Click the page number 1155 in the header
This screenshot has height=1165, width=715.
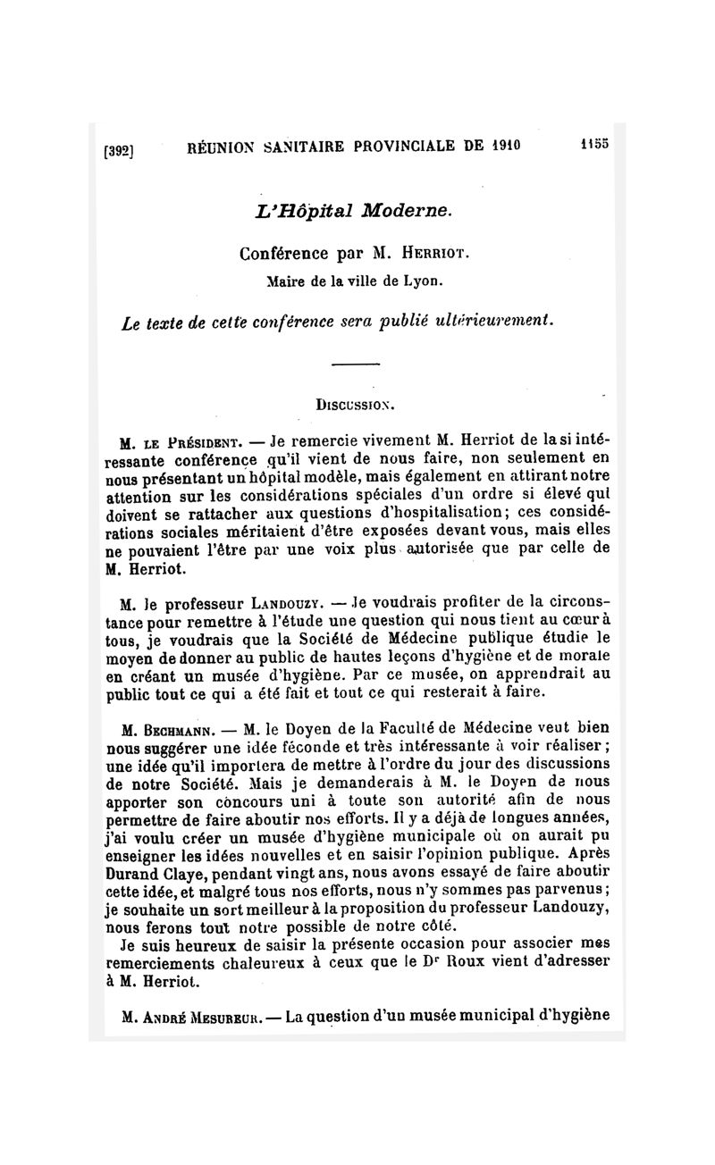point(593,143)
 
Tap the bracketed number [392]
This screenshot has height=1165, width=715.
point(119,151)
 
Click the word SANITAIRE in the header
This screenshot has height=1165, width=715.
point(285,147)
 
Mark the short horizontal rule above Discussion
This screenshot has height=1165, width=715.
point(356,364)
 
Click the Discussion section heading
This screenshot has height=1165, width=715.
point(357,404)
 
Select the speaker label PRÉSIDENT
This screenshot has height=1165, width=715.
point(190,441)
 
